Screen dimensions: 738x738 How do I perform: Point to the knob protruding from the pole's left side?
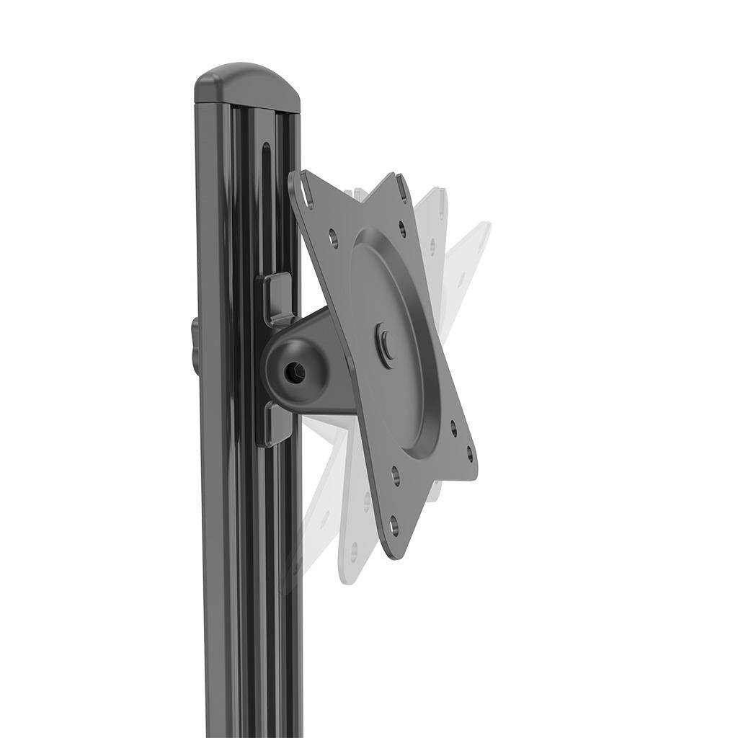click(x=195, y=347)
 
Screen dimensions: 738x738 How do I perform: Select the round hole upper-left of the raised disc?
click(x=334, y=234)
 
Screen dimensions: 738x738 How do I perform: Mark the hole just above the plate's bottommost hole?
click(x=395, y=476)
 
